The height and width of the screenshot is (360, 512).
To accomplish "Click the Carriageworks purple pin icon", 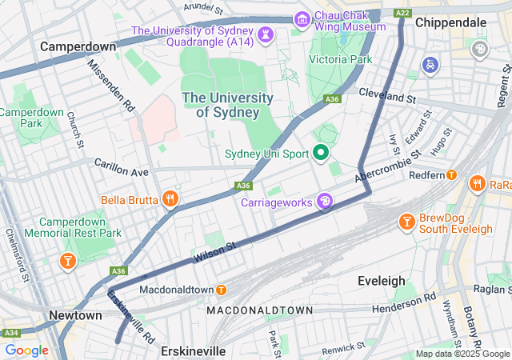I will point(326,201).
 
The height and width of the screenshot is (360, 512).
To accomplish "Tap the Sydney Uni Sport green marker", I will point(322,152).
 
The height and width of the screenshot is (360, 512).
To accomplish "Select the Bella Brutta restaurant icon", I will point(170,198).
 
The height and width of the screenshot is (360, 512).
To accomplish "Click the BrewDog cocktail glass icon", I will point(406,221).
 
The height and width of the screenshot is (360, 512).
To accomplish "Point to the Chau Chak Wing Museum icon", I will point(302,18).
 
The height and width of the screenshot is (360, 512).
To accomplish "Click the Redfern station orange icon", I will point(451,174).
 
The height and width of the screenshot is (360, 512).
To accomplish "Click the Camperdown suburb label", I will point(78,46).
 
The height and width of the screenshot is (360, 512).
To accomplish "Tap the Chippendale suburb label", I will point(451,22).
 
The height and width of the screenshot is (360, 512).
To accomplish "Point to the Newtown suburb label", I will point(75,315).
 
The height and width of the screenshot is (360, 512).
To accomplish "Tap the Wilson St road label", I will point(214,254).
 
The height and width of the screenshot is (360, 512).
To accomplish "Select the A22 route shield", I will point(402,12).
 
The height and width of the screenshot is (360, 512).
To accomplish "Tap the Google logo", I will point(26,350).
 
